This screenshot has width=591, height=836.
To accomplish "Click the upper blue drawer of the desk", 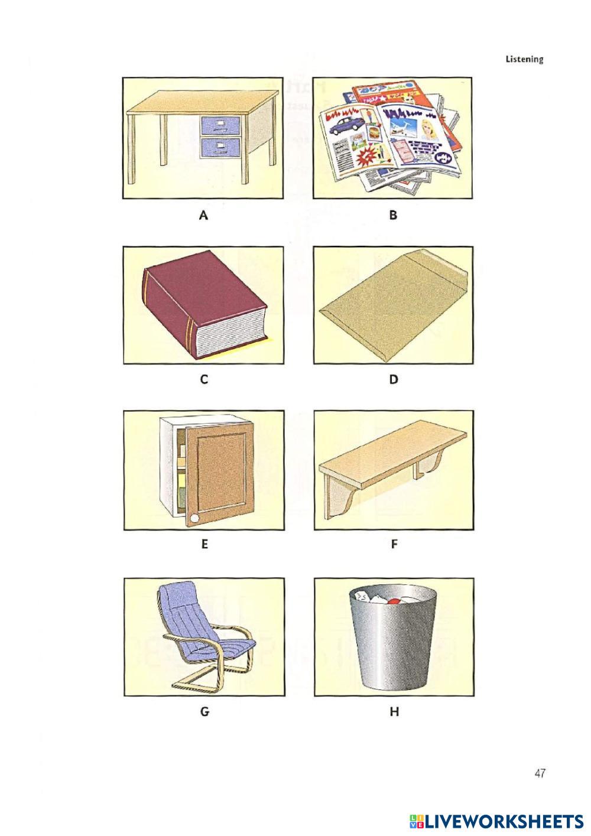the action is [220, 125].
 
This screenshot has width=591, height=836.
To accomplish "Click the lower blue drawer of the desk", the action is [220, 147].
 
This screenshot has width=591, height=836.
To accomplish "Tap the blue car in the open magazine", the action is [346, 125].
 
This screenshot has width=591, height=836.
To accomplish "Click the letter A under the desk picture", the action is [203, 215].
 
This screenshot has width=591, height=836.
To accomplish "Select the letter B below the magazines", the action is [393, 215].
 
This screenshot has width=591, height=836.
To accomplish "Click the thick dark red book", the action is [204, 304].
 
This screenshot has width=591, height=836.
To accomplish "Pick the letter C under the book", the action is [204, 379].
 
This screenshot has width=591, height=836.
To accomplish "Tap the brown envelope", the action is [394, 304].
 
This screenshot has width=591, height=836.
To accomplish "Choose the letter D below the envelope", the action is [394, 379].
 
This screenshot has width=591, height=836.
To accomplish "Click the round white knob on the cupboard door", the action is [194, 518].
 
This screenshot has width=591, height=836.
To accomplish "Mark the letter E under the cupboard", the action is [204, 544].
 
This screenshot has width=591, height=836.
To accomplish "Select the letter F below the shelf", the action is [394, 544].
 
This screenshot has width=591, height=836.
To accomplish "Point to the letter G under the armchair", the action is [204, 712].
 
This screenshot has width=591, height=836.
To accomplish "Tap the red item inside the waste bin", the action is [393, 601].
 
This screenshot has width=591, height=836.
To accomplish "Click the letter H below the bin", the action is [394, 712].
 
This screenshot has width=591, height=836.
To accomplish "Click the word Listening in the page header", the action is [524, 59].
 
